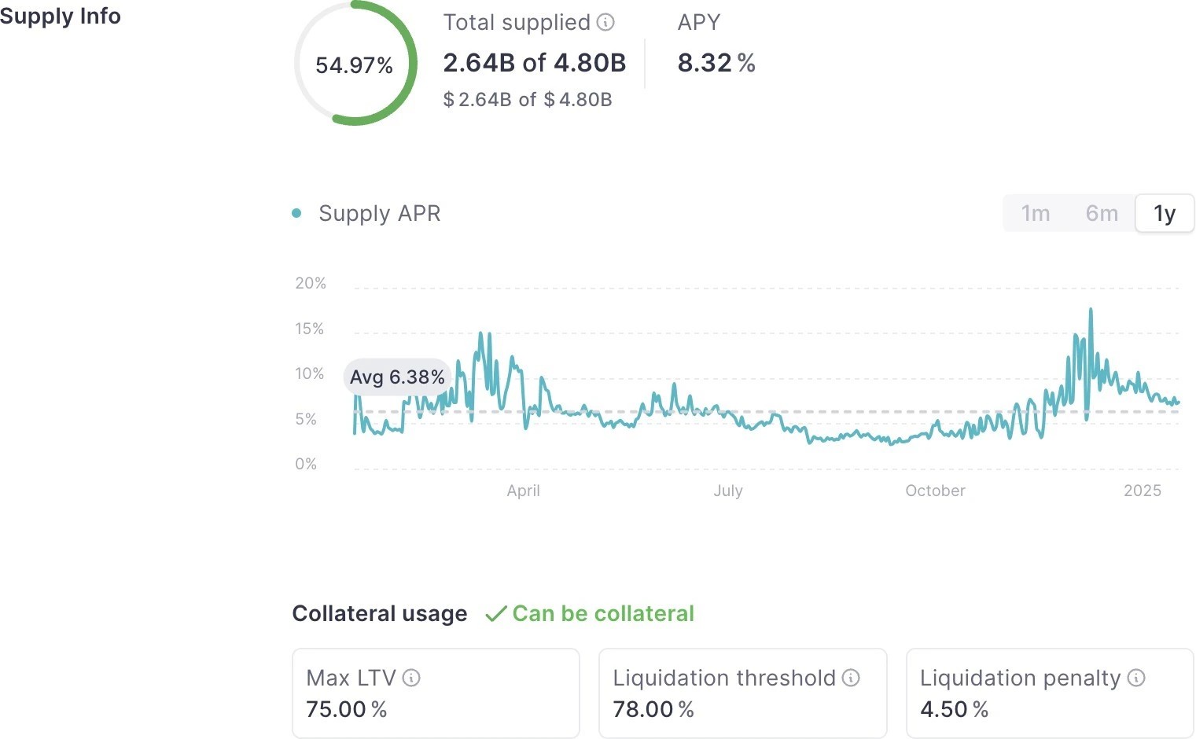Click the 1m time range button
tap(1036, 214)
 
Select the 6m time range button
tap(1102, 214)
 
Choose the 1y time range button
tap(1165, 214)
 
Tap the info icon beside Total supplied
tap(605, 22)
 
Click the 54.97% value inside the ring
tap(354, 65)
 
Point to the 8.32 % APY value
tap(716, 63)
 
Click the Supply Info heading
tap(61, 16)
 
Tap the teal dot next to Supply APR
tap(296, 213)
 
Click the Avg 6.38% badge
tap(397, 377)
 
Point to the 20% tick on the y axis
tap(311, 283)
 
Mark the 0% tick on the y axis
tap(306, 464)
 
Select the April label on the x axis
tap(523, 491)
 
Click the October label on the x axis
tap(935, 491)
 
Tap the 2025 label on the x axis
tap(1142, 491)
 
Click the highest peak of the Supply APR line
tap(1091, 310)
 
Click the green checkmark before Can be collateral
tap(495, 614)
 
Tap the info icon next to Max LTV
tap(411, 678)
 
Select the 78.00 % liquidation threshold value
tap(653, 709)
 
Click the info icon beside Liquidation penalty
tap(1136, 678)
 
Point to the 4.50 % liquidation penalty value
tap(954, 709)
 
